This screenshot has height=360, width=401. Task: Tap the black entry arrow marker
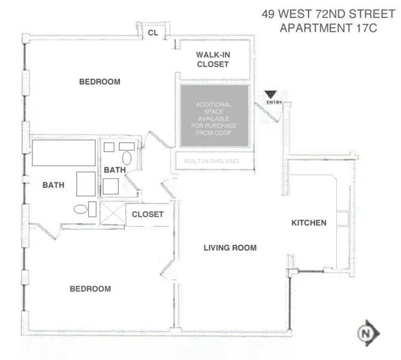271,94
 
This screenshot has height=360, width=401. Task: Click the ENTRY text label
274,102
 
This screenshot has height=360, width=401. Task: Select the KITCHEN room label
309,223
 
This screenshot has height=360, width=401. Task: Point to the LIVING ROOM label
230,248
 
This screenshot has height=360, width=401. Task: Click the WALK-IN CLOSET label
213,59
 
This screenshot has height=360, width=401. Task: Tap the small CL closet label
153,33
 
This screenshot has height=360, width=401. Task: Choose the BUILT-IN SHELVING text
211,161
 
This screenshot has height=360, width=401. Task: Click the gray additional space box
216,115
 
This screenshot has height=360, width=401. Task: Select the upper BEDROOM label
100,82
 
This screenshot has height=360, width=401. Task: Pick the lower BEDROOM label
90,289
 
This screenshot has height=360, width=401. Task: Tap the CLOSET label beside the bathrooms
148,214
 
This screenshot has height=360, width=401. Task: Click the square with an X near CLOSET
112,213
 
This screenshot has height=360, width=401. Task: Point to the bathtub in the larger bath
64,154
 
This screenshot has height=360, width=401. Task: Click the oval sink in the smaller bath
127,158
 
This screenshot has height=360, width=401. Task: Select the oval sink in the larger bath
79,209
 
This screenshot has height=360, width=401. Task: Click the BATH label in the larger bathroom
53,185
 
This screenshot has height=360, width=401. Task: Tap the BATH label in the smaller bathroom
115,170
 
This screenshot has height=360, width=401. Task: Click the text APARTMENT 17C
328,28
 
